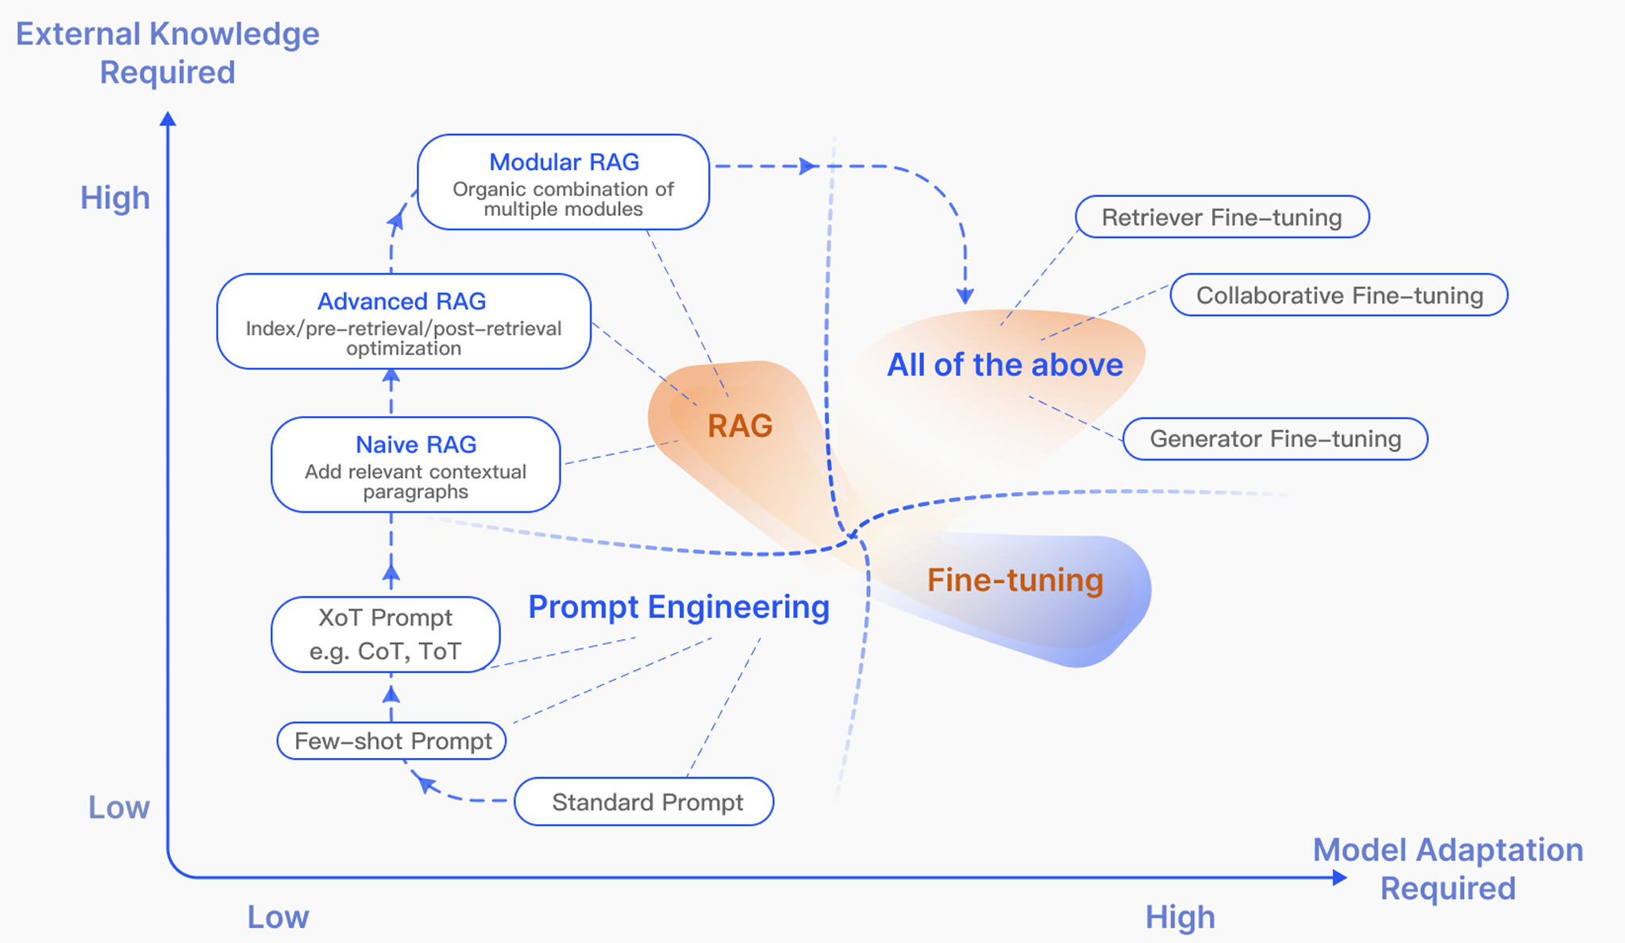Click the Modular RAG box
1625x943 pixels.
click(563, 183)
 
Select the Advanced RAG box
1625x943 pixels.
click(403, 321)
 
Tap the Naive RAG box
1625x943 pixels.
click(415, 464)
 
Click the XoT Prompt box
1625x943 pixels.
click(385, 634)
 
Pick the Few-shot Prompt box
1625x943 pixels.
click(391, 741)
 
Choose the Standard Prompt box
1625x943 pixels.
click(644, 802)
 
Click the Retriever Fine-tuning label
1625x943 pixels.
click(1222, 217)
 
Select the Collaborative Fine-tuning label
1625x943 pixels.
click(1338, 295)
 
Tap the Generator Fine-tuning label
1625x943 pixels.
click(1275, 439)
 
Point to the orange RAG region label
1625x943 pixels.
click(740, 426)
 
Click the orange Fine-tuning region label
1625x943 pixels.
click(1015, 580)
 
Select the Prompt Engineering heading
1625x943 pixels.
click(679, 607)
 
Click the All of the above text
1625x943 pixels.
click(1005, 365)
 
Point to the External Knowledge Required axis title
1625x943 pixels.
click(168, 52)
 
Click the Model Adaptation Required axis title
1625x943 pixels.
click(1448, 868)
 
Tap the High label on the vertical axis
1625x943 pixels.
click(115, 198)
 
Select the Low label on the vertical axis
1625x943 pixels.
click(119, 807)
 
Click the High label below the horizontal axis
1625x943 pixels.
click(1180, 918)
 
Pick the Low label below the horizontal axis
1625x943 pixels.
click(278, 918)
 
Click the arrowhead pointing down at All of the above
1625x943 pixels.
click(965, 296)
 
